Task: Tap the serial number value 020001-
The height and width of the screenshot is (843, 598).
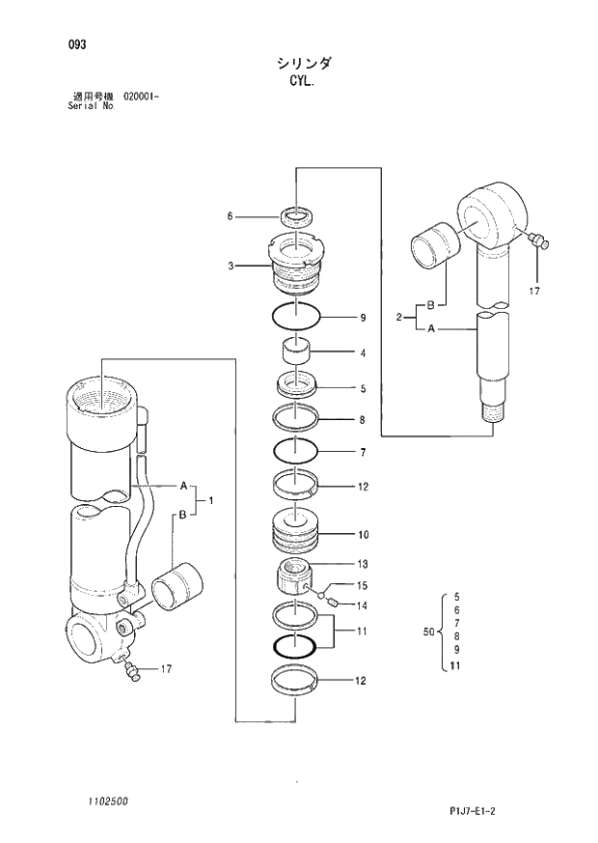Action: (141, 97)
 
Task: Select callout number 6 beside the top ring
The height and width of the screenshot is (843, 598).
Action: (231, 216)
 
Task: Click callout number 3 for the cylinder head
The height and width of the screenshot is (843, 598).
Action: (231, 266)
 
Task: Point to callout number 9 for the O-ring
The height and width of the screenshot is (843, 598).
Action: (363, 318)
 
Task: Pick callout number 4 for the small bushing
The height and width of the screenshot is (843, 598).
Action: (363, 353)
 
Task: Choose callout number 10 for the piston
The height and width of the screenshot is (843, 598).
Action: (364, 534)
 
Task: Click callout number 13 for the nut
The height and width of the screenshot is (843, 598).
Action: (363, 564)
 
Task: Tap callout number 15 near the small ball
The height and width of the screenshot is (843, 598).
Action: (363, 585)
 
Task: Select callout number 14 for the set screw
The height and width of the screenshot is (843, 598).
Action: (363, 606)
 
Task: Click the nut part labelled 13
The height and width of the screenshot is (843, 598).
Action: (292, 578)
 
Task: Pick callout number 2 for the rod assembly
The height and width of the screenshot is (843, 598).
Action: (398, 317)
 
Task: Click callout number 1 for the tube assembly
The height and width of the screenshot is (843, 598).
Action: (211, 499)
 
